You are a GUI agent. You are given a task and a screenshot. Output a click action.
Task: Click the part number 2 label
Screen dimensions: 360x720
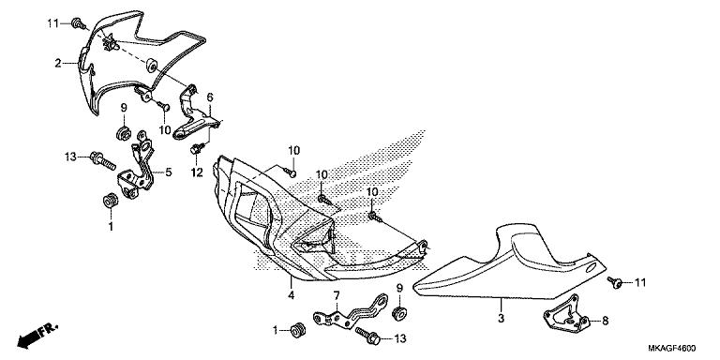coord(57,63)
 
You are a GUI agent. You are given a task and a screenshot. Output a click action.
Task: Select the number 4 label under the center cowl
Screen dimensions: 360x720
coord(292,295)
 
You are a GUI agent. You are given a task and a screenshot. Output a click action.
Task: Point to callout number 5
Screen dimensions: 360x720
coord(169,172)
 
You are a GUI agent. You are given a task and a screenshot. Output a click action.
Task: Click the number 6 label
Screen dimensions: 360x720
coord(210,97)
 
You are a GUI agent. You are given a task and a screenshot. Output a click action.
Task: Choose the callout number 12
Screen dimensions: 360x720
coord(197,173)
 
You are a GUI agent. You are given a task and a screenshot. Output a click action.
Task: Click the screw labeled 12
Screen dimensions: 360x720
coord(197,149)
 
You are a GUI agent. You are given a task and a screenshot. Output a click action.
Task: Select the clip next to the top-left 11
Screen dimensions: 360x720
coord(82,21)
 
